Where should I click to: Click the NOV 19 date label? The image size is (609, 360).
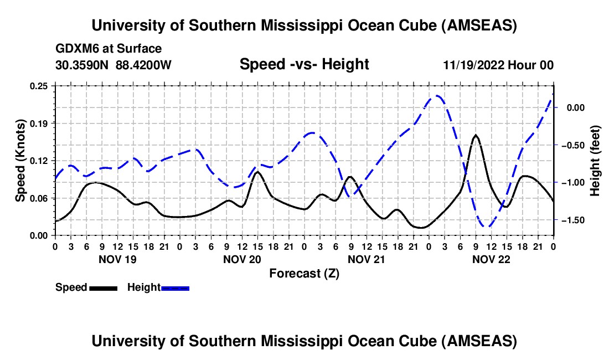[x=117, y=259]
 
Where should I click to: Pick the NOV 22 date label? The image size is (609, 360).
[x=491, y=259]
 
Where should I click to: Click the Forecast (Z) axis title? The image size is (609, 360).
[x=304, y=273]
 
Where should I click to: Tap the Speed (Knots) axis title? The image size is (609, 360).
[x=20, y=160]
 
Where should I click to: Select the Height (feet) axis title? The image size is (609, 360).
[x=595, y=160]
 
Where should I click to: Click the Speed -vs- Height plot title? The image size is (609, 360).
[x=304, y=65]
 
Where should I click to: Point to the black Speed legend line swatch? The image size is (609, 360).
[x=103, y=287]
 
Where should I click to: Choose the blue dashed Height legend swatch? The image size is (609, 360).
[x=175, y=287]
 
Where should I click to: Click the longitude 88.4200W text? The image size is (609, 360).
[x=143, y=65]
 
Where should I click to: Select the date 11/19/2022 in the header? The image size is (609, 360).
[x=474, y=65]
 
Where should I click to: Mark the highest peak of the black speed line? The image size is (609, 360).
[x=476, y=135]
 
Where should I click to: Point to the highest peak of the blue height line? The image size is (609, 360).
[x=437, y=96]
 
